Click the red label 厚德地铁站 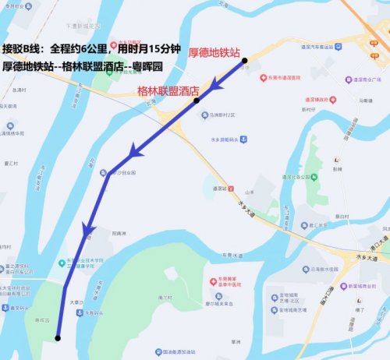[x=214, y=52]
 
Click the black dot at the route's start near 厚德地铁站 [x=245, y=60]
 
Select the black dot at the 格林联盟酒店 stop [x=197, y=101]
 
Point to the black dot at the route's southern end [x=58, y=337]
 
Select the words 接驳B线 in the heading [x=23, y=48]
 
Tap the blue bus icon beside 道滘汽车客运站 [x=338, y=48]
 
